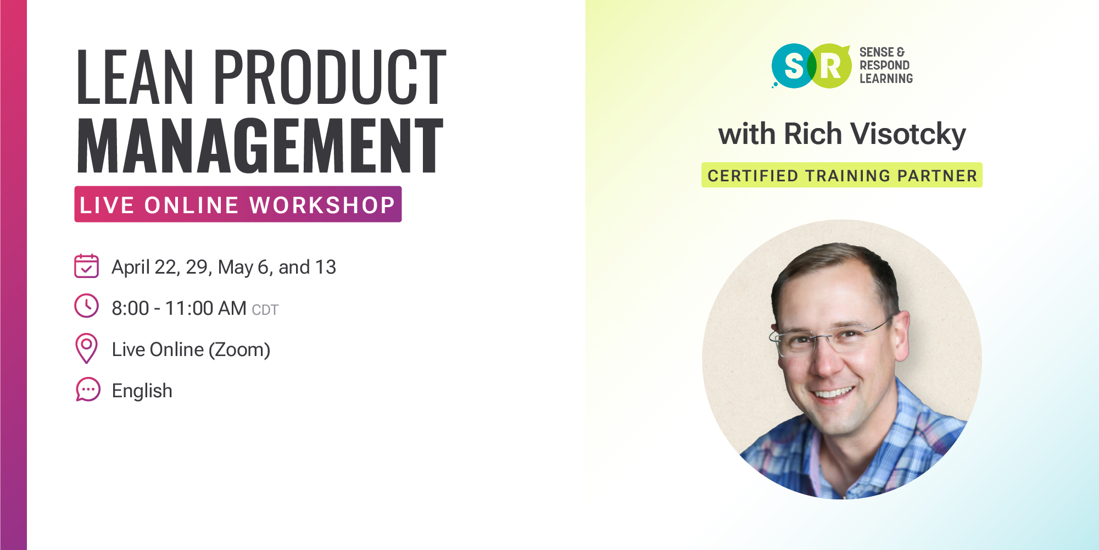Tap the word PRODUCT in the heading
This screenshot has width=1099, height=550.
[330, 76]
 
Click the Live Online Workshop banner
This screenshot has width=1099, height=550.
[238, 204]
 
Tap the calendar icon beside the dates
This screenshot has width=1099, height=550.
[86, 266]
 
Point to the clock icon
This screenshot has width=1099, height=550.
[86, 306]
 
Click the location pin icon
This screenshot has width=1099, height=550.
[86, 348]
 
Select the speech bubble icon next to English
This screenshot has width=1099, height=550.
[88, 390]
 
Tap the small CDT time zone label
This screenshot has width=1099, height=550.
[265, 310]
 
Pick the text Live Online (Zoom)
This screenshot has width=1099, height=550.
[191, 350]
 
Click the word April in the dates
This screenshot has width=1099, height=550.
[131, 268]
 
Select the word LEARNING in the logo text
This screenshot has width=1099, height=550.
[886, 79]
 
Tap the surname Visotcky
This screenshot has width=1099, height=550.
[908, 134]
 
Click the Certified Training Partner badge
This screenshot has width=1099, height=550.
[842, 175]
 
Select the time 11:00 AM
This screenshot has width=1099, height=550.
[206, 309]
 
